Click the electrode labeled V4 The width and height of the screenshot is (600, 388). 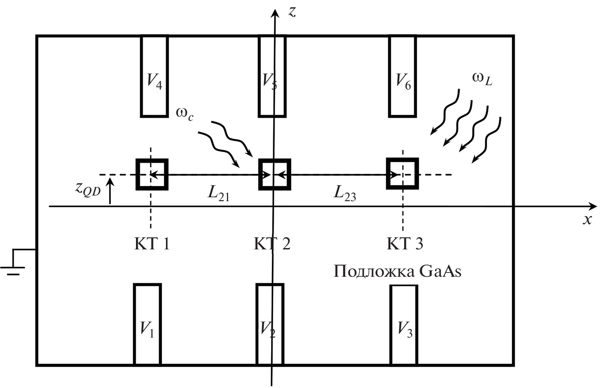154,76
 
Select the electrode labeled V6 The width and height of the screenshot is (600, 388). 402,76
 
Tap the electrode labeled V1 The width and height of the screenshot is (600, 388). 147,324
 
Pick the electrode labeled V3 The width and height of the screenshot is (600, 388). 404,325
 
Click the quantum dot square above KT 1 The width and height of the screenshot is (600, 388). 152,174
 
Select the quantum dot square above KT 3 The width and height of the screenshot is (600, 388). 402,174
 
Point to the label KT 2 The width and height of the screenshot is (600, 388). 272,244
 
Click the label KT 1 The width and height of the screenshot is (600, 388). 151,244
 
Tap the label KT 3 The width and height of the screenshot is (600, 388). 404,244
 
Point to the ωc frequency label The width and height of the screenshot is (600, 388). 185,113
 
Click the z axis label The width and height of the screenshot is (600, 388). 292,12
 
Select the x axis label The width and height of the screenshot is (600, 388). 587,220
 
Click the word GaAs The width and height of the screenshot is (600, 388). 440,272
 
